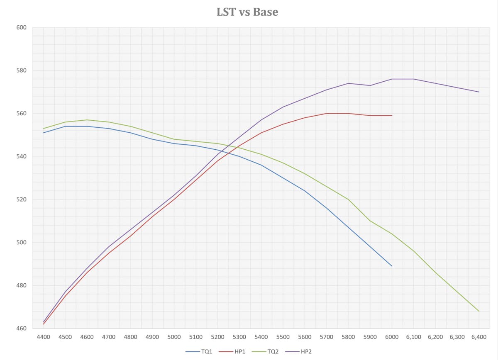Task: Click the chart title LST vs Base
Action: [247, 12]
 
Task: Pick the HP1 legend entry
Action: [236, 352]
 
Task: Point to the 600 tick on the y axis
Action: [22, 28]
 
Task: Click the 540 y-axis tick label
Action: [22, 157]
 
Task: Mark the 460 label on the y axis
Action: [22, 328]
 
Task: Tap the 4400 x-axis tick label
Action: [43, 338]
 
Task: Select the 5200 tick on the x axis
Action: [217, 338]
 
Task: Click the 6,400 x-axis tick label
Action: [479, 338]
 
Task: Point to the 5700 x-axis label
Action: [327, 338]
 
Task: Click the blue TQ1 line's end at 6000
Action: [392, 266]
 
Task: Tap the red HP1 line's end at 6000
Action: [392, 115]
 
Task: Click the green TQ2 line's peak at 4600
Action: [87, 120]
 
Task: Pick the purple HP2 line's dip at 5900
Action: [370, 85]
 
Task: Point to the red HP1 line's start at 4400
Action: [43, 324]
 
